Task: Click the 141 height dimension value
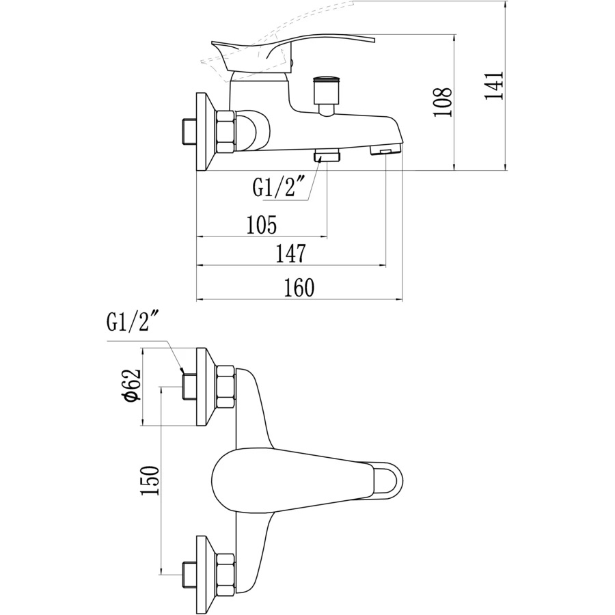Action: tap(494, 85)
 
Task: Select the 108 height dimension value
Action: tap(443, 102)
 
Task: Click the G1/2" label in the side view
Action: tap(277, 187)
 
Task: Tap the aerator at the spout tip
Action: tap(385, 150)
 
